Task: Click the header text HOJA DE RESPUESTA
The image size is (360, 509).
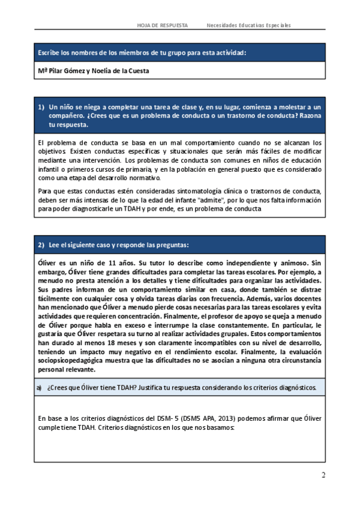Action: tap(162, 25)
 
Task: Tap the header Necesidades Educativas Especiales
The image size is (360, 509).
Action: tap(248, 25)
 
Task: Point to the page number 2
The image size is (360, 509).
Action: tap(323, 475)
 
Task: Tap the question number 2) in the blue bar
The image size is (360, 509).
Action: tap(41, 245)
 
